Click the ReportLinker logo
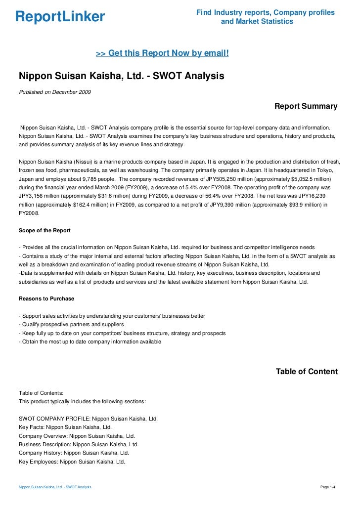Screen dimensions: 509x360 (60, 17)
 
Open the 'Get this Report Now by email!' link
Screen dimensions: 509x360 (162, 52)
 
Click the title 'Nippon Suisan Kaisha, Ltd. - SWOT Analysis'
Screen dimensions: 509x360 (121, 76)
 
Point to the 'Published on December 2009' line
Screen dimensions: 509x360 (54, 92)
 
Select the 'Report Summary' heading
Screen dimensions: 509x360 (306, 106)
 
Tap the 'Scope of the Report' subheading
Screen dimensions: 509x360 (45, 230)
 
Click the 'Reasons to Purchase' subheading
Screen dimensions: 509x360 (46, 298)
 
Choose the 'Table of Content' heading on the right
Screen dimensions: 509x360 (307, 372)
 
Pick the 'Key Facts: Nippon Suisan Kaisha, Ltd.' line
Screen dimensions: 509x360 (65, 427)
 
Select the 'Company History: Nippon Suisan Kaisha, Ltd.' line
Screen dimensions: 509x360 (74, 453)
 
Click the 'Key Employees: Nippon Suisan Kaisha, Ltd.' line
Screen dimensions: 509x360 (72, 461)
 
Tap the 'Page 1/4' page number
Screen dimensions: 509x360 (328, 487)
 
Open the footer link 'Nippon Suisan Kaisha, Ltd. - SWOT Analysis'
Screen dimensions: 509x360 (55, 487)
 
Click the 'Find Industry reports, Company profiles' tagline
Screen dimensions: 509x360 (266, 12)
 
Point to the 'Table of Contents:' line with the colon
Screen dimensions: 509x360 (41, 392)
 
